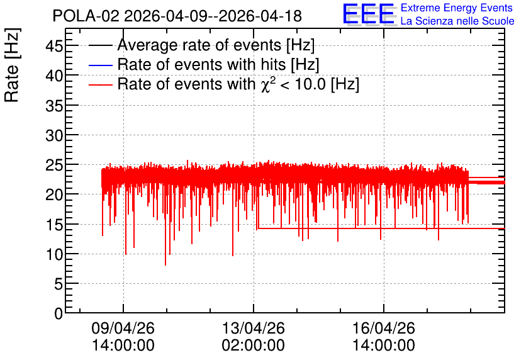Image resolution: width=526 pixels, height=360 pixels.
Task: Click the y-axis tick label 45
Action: coord(54,46)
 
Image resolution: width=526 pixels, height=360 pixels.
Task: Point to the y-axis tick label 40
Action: coord(54,76)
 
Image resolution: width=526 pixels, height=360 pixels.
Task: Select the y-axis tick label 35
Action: coord(54,106)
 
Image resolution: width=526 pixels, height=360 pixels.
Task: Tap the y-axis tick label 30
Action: coord(54,135)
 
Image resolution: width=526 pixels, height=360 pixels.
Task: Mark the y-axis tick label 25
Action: coord(54,165)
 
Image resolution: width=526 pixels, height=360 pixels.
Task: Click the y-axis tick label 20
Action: coord(54,195)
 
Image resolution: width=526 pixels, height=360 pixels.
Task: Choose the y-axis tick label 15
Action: coord(54,225)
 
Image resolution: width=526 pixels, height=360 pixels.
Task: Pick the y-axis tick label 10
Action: coord(54,255)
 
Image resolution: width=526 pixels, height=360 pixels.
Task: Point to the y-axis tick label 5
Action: coord(59,284)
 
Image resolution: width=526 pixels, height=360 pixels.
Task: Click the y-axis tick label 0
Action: coord(59,313)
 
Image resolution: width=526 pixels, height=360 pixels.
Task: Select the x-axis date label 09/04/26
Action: coord(123,328)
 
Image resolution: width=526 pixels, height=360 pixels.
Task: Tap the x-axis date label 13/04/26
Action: coord(254,328)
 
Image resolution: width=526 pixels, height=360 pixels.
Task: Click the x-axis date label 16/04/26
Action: coord(383,328)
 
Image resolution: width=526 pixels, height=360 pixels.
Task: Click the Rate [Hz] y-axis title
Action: coord(12,65)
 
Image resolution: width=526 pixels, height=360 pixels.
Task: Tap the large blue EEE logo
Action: coord(369,14)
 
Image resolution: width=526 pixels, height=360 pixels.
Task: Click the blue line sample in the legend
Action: coord(100,65)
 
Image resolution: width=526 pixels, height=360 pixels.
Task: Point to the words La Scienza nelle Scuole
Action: coord(457,21)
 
